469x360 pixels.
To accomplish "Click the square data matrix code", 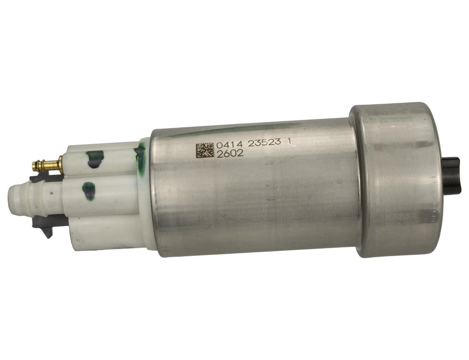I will [205, 150].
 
